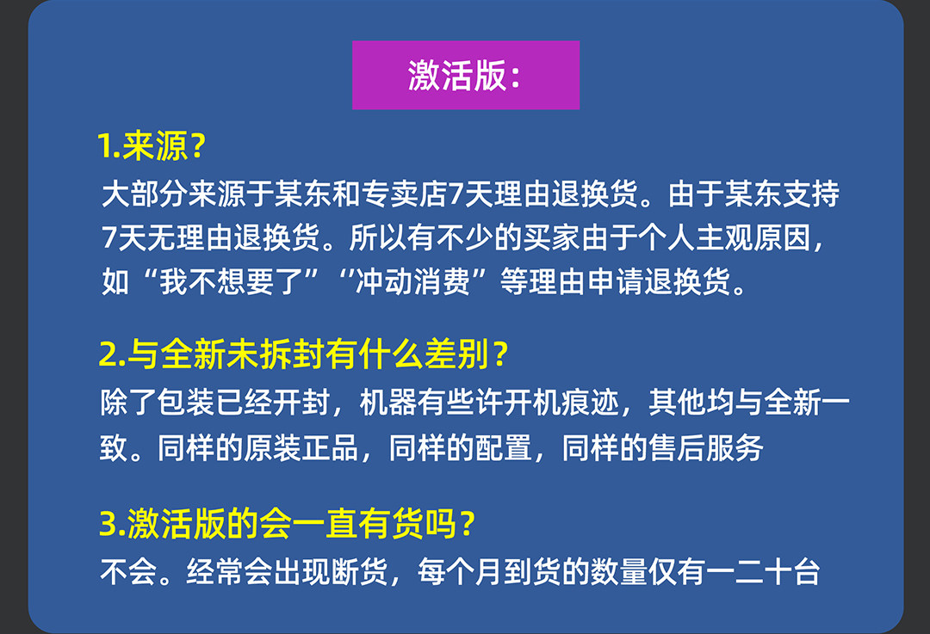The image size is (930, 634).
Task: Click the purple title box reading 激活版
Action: pos(466,75)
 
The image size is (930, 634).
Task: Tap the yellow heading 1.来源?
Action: pos(152,145)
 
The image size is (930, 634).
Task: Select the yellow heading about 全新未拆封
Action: pos(304,354)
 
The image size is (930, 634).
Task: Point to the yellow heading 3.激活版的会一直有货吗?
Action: pos(287,524)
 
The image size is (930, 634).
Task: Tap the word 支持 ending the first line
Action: pos(810,194)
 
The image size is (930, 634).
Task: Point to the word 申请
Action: pos(616,280)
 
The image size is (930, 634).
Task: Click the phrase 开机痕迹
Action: pos(561,403)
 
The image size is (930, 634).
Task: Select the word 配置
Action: pos(503,447)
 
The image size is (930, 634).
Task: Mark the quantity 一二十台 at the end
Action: pos(763,572)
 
